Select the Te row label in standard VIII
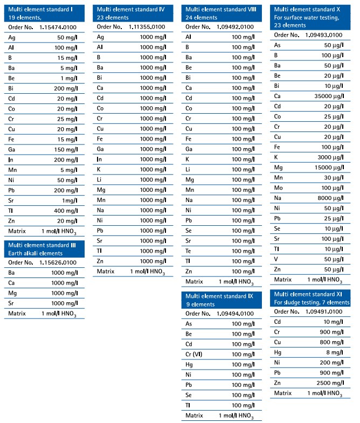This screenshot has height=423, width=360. coord(189,251)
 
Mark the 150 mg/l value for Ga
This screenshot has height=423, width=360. coord(65,149)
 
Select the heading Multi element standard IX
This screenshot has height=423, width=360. coord(219,296)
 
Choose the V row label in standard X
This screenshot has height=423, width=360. coord(276,259)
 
